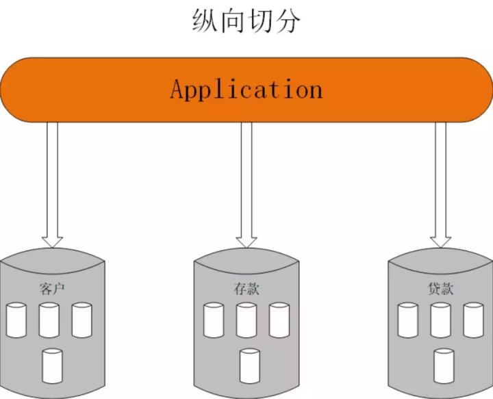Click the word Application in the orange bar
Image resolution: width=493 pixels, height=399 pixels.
(x=246, y=90)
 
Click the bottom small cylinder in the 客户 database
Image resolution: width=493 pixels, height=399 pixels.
(x=52, y=365)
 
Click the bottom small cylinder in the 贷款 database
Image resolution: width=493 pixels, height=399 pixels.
(x=444, y=365)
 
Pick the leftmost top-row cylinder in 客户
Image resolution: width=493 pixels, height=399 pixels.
(x=16, y=320)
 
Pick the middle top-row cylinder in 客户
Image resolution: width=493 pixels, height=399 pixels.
(x=49, y=320)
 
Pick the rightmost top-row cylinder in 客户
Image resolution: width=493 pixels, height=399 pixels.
(x=82, y=320)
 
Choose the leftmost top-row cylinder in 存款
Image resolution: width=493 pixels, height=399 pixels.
(x=214, y=320)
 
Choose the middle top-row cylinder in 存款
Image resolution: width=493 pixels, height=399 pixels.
(x=246, y=320)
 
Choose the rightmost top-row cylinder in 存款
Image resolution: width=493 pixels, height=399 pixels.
(x=279, y=320)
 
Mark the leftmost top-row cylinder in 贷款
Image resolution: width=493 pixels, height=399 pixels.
(x=408, y=320)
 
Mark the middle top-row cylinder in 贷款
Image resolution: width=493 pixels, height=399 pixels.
(x=441, y=320)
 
